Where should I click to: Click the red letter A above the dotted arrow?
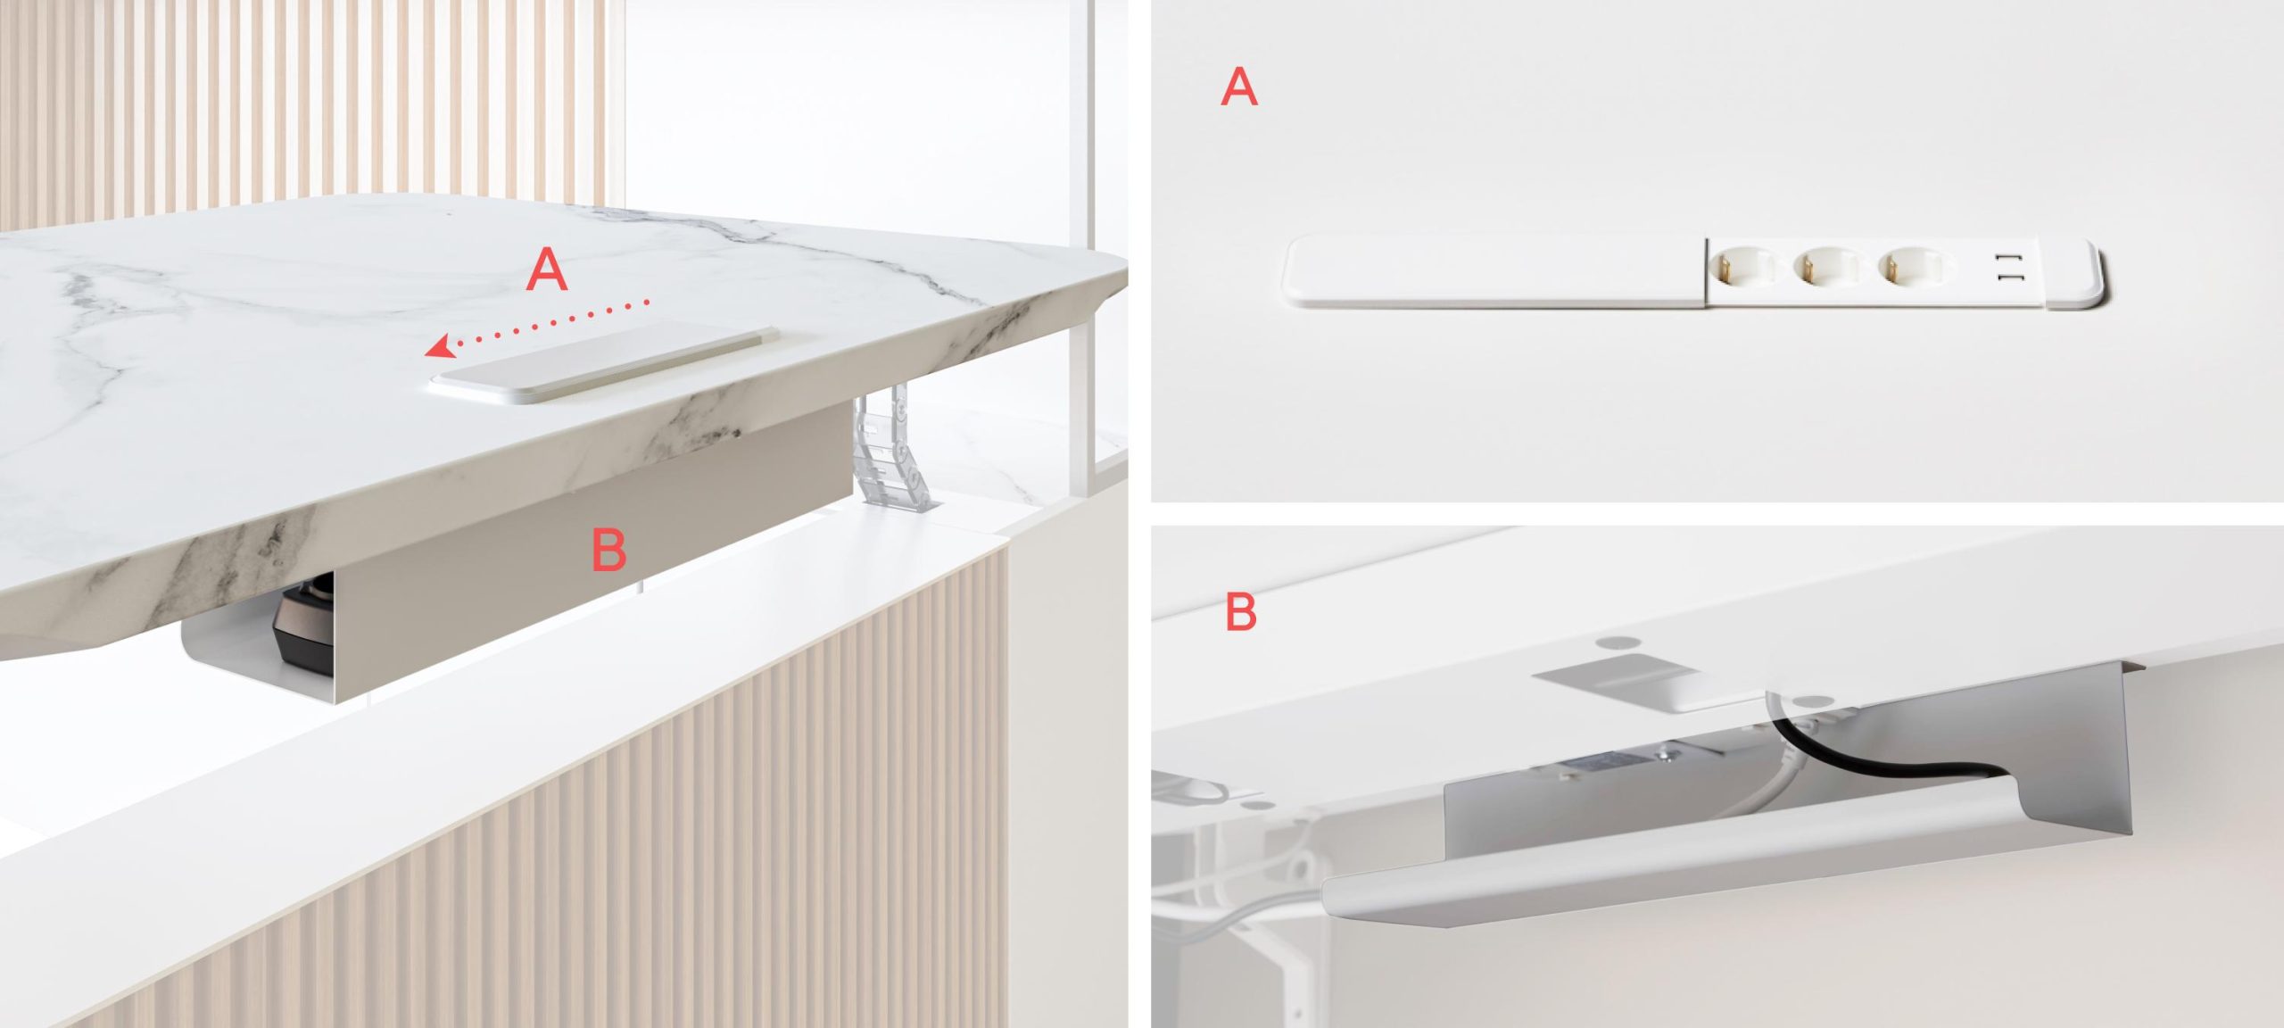547,269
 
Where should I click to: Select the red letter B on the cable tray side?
609,550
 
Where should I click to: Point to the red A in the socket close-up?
1239,87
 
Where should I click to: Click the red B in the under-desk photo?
1241,612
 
